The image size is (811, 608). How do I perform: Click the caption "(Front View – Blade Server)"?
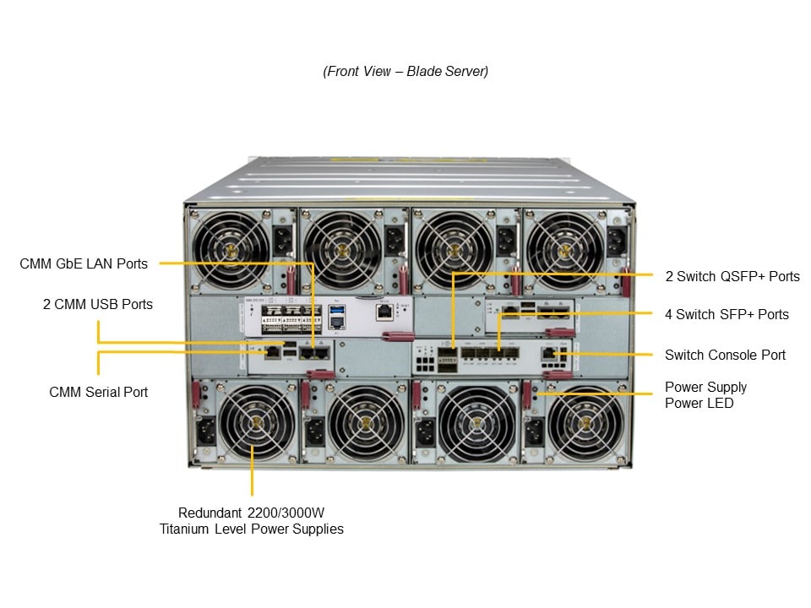[x=405, y=71]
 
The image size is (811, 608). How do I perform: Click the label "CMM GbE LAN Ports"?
[x=84, y=263]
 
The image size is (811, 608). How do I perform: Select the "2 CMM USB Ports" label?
[x=98, y=303]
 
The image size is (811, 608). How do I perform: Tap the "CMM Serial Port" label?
[x=98, y=392]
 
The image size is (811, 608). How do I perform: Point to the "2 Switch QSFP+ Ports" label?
[x=732, y=276]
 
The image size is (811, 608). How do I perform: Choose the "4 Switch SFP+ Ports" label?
[x=727, y=314]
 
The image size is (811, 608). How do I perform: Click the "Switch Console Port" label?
[x=725, y=355]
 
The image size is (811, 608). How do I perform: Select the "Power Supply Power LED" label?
[x=705, y=395]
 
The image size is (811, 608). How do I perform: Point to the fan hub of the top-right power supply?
[x=564, y=249]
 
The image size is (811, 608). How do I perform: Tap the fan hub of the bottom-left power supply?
[x=253, y=423]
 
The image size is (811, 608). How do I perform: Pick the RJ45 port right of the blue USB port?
[x=384, y=312]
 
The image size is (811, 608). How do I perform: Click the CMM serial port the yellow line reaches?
[x=274, y=351]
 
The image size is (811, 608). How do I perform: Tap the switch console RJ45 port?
[x=550, y=355]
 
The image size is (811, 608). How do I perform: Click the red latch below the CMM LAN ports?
[x=319, y=373]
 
